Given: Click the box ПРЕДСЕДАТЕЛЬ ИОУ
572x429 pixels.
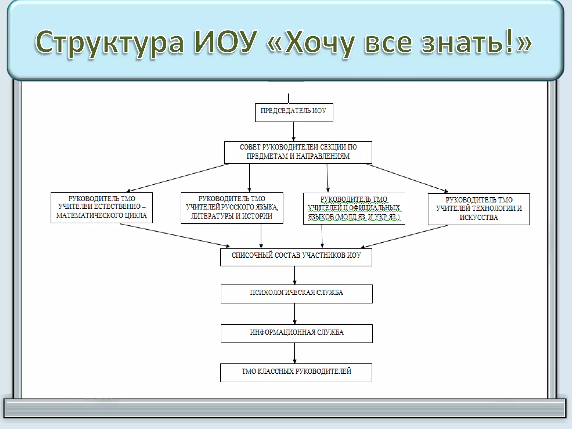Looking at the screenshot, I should point(294,113).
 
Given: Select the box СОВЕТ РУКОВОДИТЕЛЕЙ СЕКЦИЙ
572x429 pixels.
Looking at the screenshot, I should point(298,152).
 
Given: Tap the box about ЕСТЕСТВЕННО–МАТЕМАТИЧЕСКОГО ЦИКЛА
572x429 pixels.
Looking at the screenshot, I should point(102,207).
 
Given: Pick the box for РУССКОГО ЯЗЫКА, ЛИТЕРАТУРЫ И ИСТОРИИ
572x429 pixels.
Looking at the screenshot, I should point(232,208).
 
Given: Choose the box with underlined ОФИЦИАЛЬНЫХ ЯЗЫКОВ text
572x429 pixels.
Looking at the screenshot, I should point(354,208).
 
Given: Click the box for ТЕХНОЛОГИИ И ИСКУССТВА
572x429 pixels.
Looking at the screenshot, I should point(479,209).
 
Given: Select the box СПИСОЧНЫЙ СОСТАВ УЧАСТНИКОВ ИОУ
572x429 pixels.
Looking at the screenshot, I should point(296,257).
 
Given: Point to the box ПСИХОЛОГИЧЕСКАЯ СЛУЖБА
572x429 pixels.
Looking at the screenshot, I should point(297,294).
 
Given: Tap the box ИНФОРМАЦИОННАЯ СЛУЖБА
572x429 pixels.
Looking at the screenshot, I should point(297,333).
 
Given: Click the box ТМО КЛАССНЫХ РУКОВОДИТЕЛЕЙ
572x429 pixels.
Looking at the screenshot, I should point(296,372).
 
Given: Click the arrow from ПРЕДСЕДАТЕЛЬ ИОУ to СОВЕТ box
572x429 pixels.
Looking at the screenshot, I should point(294,131).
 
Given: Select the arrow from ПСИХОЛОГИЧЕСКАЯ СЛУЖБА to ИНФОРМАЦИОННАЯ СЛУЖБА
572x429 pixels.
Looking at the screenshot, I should point(295,313).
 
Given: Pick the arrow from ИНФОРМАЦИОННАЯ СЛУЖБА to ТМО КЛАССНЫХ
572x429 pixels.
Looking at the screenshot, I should point(295,353).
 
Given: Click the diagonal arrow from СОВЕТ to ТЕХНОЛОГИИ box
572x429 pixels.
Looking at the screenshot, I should point(407,178).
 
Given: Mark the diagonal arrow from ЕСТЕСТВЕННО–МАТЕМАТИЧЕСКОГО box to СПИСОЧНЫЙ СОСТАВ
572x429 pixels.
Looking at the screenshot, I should point(175,235).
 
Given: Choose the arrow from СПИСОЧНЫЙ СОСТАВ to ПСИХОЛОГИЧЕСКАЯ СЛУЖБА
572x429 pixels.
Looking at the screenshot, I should point(295,275).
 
